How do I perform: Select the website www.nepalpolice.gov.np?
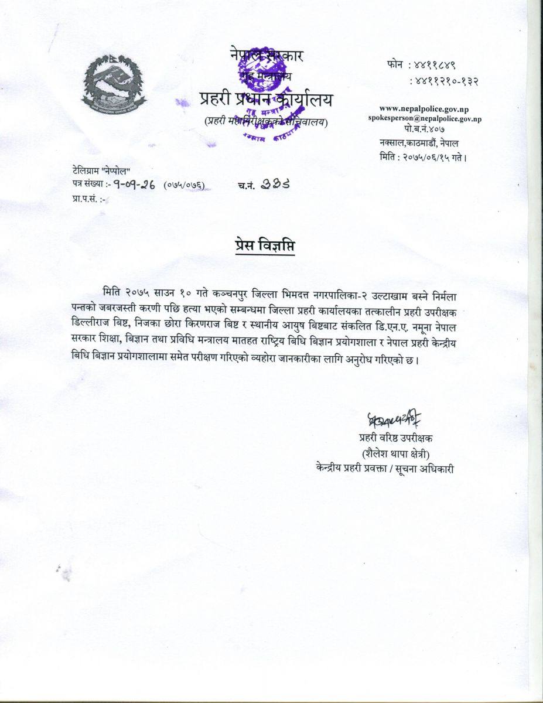coord(424,108)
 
